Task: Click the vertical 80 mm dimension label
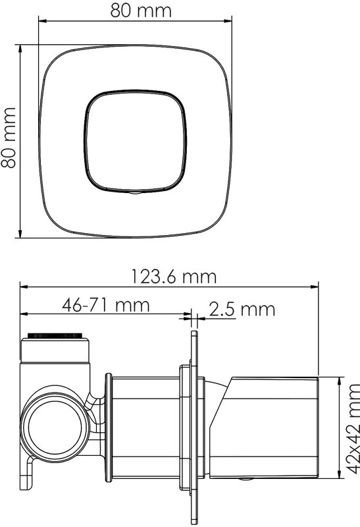[9, 138]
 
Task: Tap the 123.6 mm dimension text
[173, 277]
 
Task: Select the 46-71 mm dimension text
[106, 305]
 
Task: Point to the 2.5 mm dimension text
[242, 309]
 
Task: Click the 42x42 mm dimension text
[352, 429]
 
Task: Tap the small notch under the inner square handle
[136, 193]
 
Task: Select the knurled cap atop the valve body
[55, 336]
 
